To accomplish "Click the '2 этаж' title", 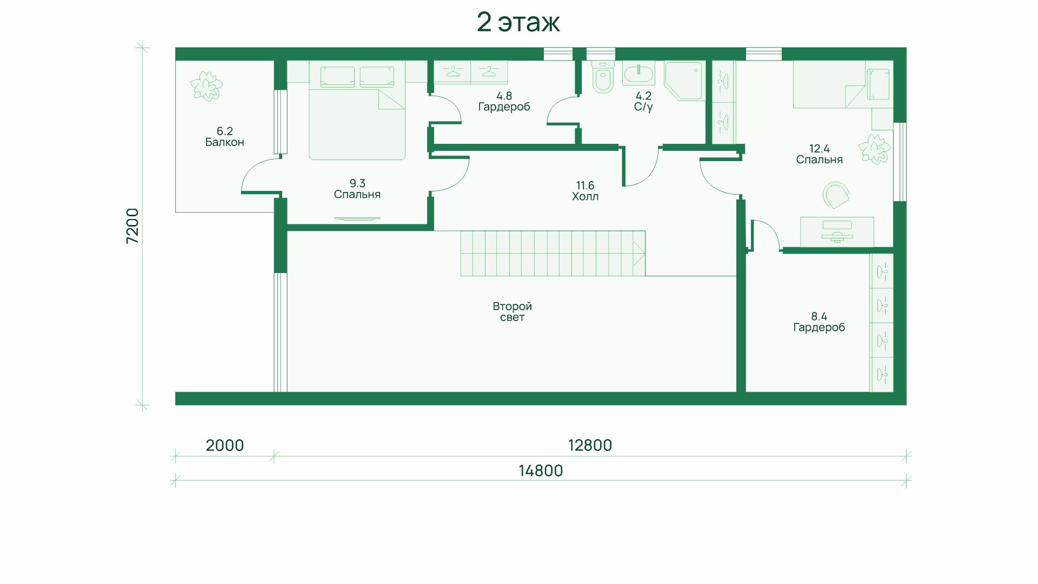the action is point(518,23).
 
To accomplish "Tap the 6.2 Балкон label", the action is point(224,137).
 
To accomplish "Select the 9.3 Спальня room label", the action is point(357,189).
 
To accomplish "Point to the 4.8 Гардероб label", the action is point(504,102).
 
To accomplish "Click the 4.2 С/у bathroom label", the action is point(643,102).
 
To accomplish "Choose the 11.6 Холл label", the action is point(585,191).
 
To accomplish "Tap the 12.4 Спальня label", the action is point(819,154).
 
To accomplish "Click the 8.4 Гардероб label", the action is point(819,322).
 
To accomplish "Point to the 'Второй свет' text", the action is point(512,311).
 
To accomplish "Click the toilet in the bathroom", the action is point(603,77).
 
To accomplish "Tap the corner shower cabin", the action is point(683,81).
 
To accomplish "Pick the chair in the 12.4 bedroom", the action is point(836,195).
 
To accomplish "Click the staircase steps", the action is point(553,254).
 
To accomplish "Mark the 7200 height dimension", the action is point(132,225).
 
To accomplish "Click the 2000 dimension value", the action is point(225,446).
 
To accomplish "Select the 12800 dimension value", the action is point(590,446).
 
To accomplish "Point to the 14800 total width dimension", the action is point(541,471).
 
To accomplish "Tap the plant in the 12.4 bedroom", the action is point(875,146).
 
